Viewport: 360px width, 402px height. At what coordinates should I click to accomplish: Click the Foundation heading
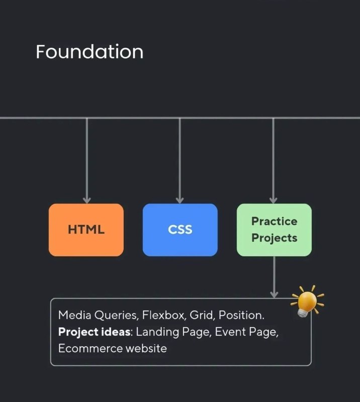click(89, 52)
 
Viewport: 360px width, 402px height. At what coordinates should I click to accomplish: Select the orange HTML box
click(86, 230)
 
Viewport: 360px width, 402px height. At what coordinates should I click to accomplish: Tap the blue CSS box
click(180, 230)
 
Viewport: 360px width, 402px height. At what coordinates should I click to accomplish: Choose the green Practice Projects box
click(275, 230)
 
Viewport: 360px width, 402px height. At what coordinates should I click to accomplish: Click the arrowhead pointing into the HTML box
click(86, 200)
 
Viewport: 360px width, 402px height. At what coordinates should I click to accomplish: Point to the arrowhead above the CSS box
click(179, 200)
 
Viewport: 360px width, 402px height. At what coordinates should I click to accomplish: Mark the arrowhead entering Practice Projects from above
click(274, 200)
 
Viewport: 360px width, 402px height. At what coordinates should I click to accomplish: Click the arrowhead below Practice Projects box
click(275, 294)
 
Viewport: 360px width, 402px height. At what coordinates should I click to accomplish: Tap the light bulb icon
click(307, 301)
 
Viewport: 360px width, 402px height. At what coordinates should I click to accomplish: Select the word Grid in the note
click(202, 315)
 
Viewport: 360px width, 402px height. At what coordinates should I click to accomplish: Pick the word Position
click(241, 315)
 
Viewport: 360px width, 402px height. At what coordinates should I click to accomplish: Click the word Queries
click(117, 315)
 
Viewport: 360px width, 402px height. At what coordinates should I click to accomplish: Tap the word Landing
click(157, 332)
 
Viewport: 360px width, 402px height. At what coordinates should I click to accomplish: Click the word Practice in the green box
click(275, 221)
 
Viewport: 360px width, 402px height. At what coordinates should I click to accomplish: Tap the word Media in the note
click(75, 315)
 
